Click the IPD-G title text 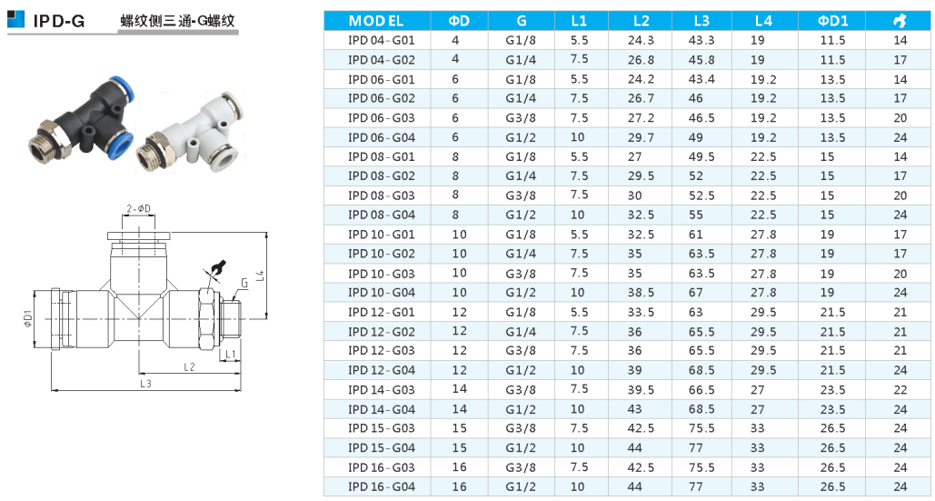coord(59,22)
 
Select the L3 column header coord(701,21)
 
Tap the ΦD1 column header coord(832,21)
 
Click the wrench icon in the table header coord(900,21)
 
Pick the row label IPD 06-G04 coord(381,138)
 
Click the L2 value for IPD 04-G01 coord(641,41)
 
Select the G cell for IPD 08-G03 coord(522,195)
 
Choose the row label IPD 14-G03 coord(381,390)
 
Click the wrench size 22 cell coord(900,390)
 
